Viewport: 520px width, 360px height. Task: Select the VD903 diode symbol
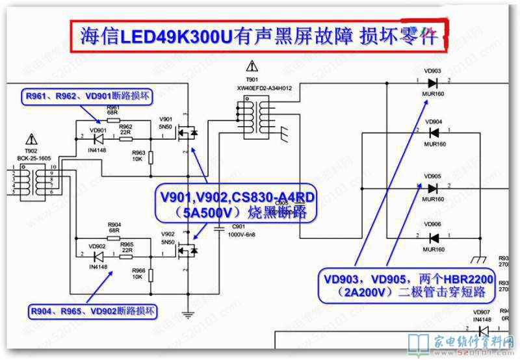point(432,83)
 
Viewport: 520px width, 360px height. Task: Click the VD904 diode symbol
point(432,133)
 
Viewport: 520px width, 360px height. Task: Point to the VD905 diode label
point(433,176)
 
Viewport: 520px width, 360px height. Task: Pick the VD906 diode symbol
point(432,238)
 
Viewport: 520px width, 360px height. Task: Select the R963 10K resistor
point(151,157)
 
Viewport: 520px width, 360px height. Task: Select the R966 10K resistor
point(151,274)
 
